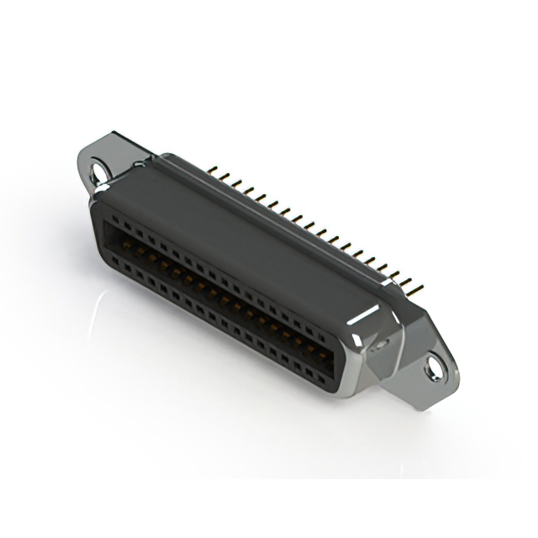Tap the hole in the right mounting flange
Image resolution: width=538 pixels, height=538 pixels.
(434, 367)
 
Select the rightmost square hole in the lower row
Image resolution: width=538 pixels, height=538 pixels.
(322, 371)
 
